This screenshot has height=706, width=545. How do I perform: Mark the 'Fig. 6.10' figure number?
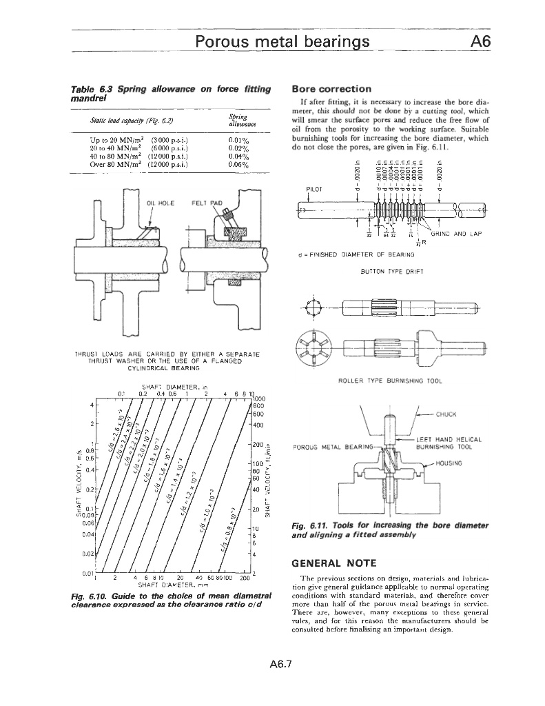pyautogui.click(x=88, y=595)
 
